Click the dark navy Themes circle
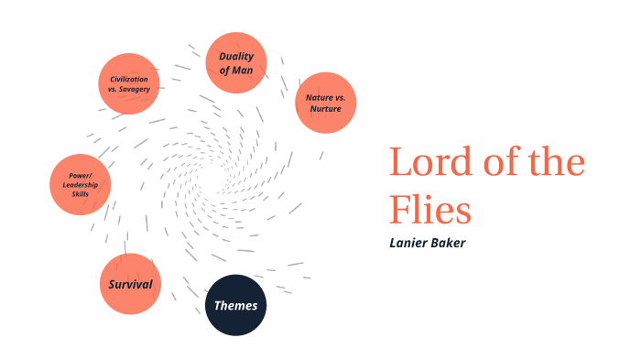click(x=235, y=305)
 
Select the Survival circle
click(x=130, y=284)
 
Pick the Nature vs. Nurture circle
click(x=324, y=103)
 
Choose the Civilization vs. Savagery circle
click(x=129, y=83)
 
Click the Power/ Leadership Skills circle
click(x=80, y=183)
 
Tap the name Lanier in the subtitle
click(x=410, y=244)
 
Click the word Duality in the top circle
click(x=236, y=56)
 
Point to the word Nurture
click(x=324, y=109)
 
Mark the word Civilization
click(x=129, y=78)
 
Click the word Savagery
click(x=141, y=89)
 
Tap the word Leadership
click(x=80, y=183)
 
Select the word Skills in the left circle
click(x=80, y=192)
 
